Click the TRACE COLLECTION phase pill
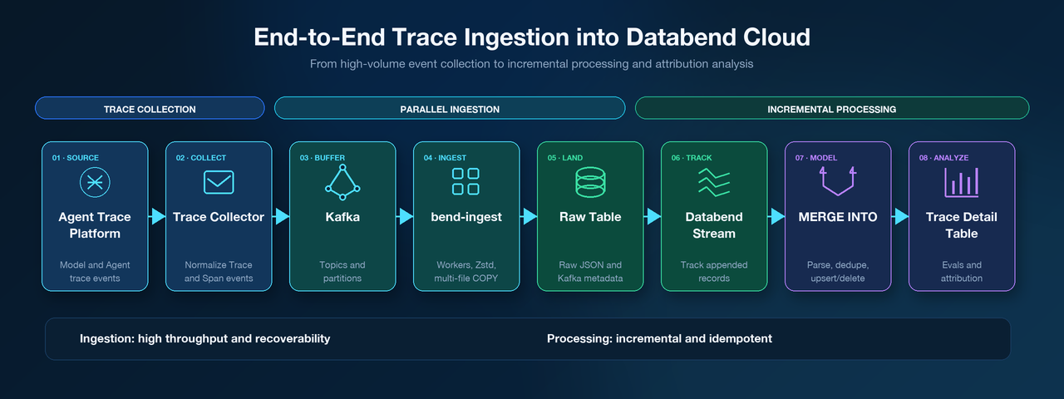tap(150, 108)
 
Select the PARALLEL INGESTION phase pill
tap(450, 108)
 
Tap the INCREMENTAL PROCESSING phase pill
tap(832, 108)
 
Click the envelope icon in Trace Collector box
tap(219, 182)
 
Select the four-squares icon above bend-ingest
tap(465, 181)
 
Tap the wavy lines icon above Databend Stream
tap(714, 183)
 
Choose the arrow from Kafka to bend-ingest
tap(405, 217)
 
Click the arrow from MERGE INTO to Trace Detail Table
tap(900, 217)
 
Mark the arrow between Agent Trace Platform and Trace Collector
tap(157, 217)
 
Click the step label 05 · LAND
tap(564, 158)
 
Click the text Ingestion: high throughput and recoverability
tap(204, 338)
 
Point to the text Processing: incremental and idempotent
tap(659, 338)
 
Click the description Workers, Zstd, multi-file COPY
tap(466, 271)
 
